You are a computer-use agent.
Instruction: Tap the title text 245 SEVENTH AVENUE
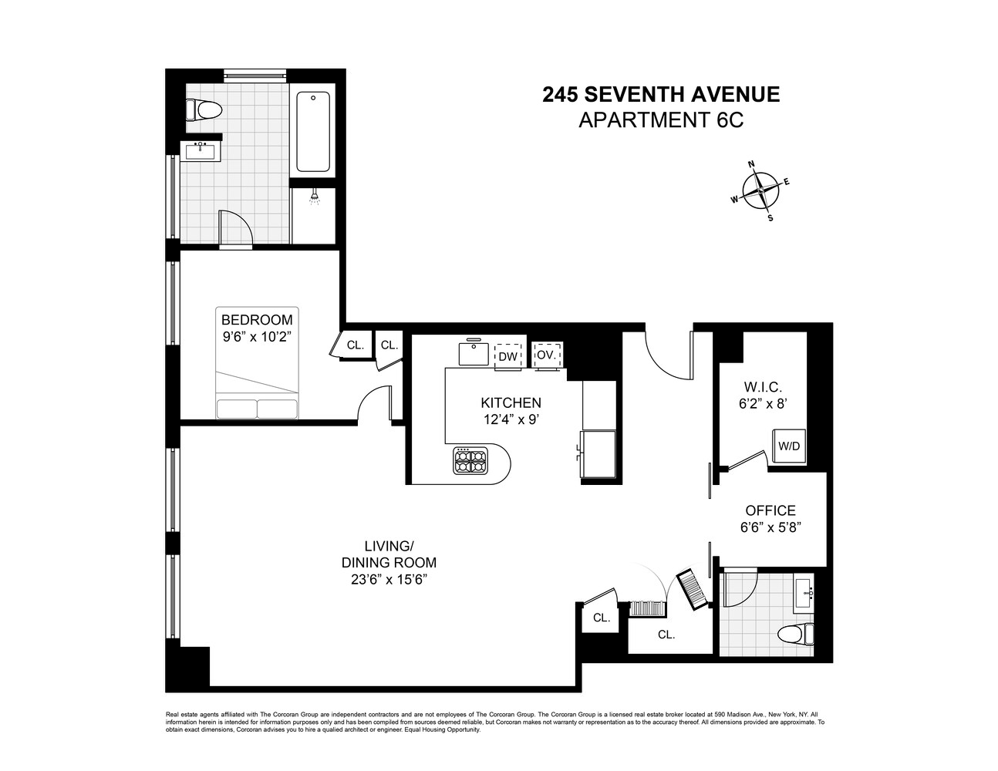point(661,94)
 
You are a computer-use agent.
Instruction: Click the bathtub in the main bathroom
point(313,131)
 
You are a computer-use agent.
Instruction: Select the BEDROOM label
point(257,320)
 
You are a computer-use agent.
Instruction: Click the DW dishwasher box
point(507,355)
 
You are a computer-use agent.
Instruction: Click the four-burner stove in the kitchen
point(470,461)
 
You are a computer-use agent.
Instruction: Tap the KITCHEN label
point(511,402)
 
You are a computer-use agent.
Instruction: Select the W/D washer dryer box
point(788,446)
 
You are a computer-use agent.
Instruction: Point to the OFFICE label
point(770,510)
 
